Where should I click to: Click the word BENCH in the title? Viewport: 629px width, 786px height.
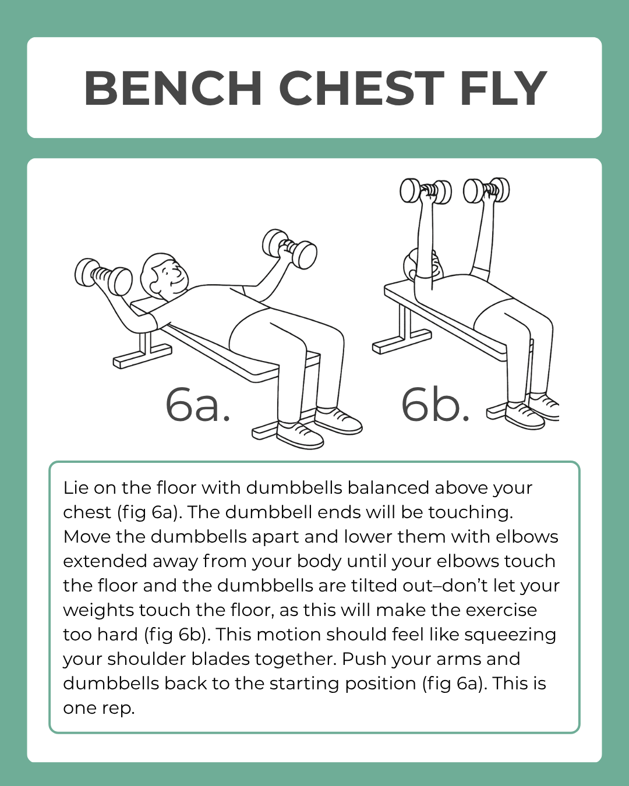173,88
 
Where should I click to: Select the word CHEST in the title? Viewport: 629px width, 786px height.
361,88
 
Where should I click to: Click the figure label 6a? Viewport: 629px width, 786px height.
198,405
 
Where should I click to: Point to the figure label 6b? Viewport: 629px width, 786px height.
436,405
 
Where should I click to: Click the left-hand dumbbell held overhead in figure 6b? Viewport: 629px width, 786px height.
426,190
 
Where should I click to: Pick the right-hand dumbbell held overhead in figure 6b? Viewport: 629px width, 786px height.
486,190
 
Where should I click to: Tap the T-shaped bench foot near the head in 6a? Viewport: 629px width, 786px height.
143,353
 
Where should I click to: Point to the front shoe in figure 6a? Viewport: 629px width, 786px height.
299,436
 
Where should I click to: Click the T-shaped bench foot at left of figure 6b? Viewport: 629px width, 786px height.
402,338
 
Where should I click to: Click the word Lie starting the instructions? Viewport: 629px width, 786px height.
75,487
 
